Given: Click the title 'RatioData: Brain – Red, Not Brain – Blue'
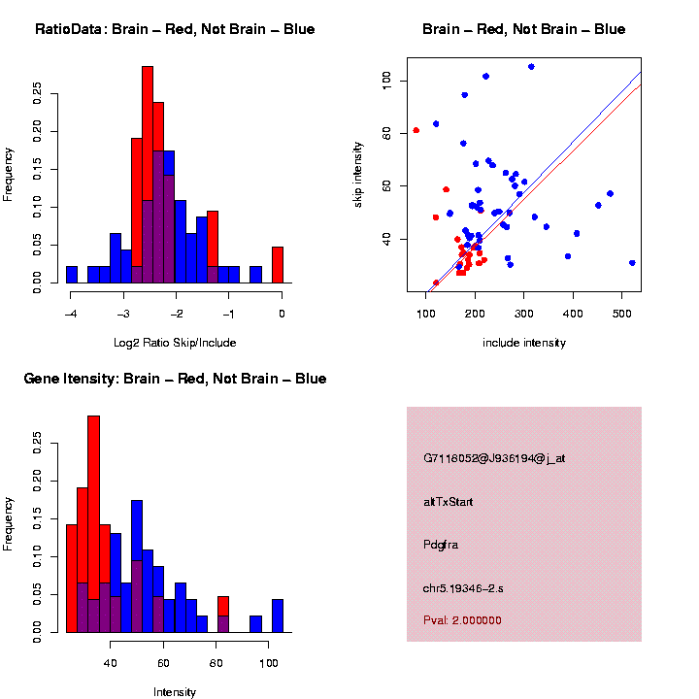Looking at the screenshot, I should click(175, 29).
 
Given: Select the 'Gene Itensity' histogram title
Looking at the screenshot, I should click(175, 379).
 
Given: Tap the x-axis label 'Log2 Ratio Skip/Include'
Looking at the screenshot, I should click(175, 343).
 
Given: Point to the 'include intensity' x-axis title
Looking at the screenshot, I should click(524, 343).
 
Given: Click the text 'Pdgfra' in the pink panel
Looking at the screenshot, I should click(441, 545).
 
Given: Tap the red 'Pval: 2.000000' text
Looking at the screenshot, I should click(462, 620).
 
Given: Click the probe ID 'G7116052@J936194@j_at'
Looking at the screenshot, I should click(494, 458).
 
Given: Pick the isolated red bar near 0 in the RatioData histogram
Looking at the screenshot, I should click(277, 264).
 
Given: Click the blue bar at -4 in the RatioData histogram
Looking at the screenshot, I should click(72, 275).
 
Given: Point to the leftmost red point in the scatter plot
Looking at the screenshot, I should click(416, 130).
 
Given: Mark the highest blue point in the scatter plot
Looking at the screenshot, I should click(531, 66).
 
